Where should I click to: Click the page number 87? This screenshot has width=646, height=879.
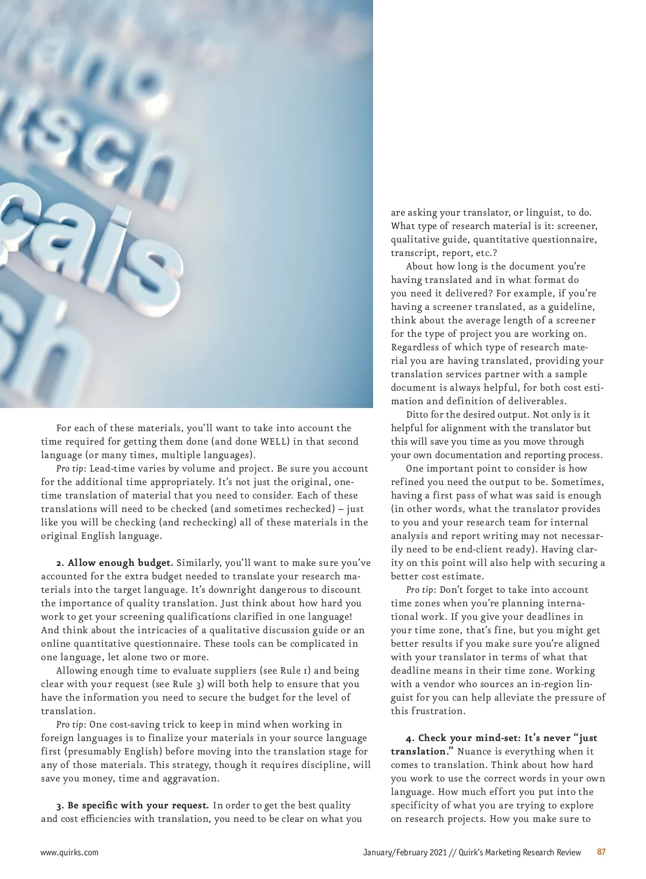click(601, 852)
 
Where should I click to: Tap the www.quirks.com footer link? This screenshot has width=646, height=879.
click(69, 853)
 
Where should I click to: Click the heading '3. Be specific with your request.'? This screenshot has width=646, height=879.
click(132, 806)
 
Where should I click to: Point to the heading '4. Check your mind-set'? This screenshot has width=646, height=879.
click(463, 738)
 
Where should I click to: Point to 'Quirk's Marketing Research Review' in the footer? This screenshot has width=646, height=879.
click(520, 853)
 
